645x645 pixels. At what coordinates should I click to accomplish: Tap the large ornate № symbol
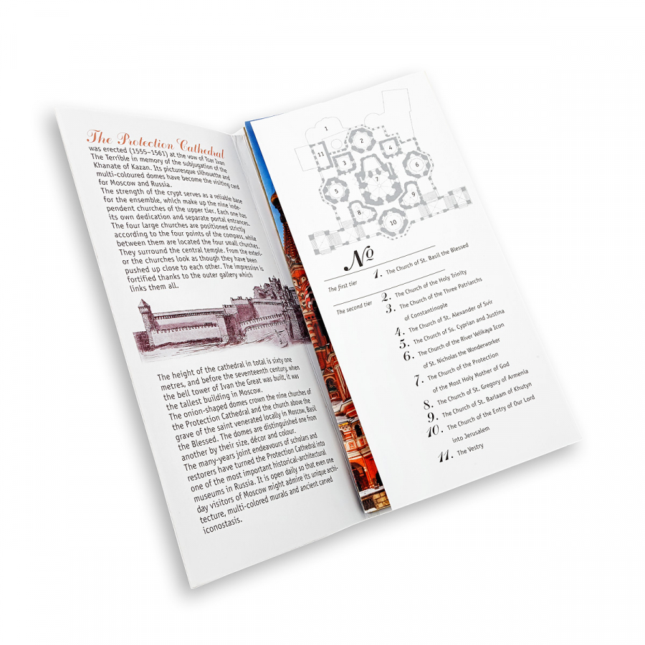pos(359,259)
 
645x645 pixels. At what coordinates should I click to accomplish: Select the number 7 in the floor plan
pos(377,179)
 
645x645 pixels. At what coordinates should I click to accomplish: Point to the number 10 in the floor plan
pos(393,223)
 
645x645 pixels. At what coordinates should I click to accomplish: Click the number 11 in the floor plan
pos(321,154)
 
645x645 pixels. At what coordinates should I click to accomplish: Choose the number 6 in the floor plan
pos(416,165)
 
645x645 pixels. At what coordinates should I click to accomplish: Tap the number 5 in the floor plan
pos(336,191)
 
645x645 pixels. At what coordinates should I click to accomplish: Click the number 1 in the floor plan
pos(326,128)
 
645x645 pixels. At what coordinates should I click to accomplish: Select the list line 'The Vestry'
pos(470,449)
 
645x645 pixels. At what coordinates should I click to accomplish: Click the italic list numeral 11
pos(445,457)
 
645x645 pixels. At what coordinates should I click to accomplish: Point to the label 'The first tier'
pos(343,286)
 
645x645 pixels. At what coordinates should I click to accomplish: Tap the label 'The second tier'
pos(354,307)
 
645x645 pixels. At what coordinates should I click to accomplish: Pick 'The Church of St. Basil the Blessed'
pos(427,258)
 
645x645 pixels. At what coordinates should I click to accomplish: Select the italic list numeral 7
pos(419,380)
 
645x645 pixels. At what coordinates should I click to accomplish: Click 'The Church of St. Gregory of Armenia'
pos(482,388)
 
